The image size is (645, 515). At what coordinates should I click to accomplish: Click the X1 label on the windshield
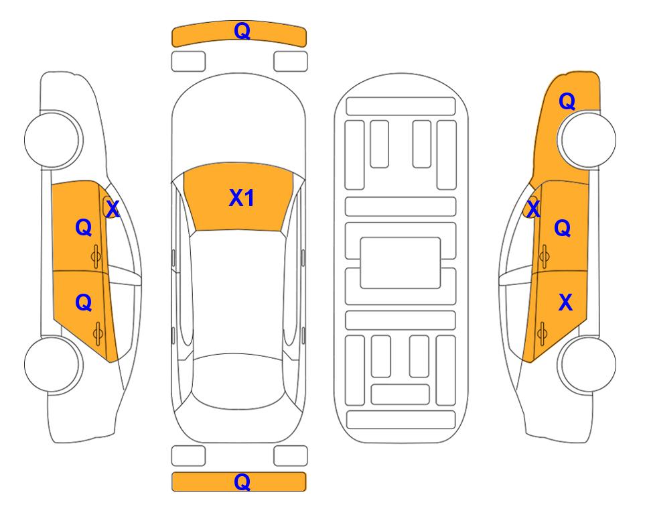pyautogui.click(x=242, y=198)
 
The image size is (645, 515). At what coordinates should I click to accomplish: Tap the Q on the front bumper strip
pyautogui.click(x=242, y=31)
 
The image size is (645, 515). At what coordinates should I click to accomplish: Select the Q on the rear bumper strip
pyautogui.click(x=242, y=481)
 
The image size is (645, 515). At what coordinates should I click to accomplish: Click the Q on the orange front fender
pyautogui.click(x=567, y=101)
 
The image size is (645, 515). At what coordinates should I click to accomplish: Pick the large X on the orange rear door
pyautogui.click(x=565, y=302)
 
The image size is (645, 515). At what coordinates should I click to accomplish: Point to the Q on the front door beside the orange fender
pyautogui.click(x=563, y=228)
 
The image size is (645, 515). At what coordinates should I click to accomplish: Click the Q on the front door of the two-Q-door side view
pyautogui.click(x=84, y=227)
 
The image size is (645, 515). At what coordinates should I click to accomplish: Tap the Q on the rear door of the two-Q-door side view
pyautogui.click(x=84, y=303)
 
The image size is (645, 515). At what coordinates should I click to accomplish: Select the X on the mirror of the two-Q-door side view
pyautogui.click(x=113, y=209)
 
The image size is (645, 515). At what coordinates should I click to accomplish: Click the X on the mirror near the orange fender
pyautogui.click(x=533, y=208)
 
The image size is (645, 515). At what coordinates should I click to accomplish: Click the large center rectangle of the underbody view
pyautogui.click(x=401, y=263)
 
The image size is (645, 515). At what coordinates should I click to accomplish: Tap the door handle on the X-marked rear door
pyautogui.click(x=542, y=333)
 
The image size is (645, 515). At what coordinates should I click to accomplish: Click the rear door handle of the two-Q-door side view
pyautogui.click(x=98, y=333)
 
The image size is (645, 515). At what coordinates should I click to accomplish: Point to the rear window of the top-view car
pyautogui.click(x=238, y=381)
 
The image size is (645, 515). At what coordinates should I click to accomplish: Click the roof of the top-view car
pyautogui.click(x=238, y=292)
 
